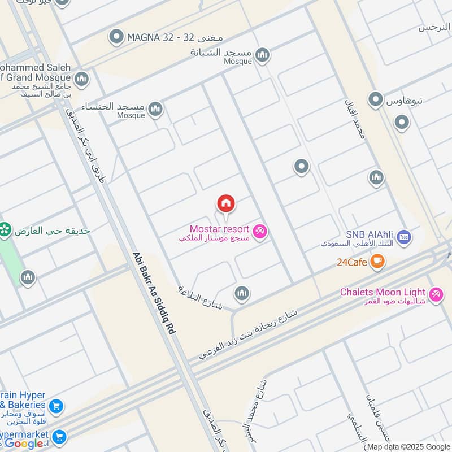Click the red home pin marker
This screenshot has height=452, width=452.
pos(225,204)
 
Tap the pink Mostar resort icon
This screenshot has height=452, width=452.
pos(260,231)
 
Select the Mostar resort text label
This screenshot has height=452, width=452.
pos(219,229)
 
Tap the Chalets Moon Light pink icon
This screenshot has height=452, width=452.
pos(436,294)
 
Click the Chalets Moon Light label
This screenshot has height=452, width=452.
pos(383,292)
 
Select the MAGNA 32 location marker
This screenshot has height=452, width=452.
pos(116,37)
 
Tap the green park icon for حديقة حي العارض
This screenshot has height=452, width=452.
pos(5,229)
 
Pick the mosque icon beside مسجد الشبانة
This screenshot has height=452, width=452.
pos(262,54)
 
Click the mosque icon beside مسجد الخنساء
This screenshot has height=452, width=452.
pos(155,108)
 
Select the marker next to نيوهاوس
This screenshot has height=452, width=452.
pos(376,100)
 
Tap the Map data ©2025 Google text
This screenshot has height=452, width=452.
pos(408,446)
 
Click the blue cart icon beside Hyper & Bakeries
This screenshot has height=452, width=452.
pos(56,406)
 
